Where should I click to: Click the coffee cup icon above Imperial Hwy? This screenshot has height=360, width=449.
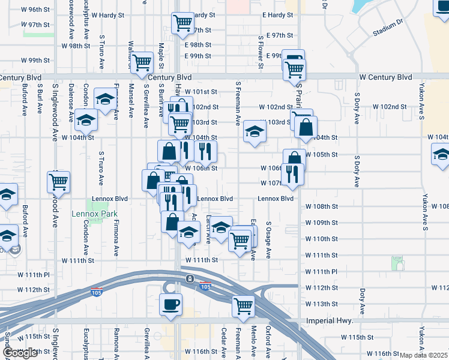170,304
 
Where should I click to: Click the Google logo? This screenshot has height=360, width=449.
20,353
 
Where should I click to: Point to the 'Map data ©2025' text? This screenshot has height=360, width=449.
424,355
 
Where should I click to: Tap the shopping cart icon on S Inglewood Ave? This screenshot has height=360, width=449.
59,181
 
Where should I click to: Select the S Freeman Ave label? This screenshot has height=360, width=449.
238,104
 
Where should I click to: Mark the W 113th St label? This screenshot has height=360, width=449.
321,304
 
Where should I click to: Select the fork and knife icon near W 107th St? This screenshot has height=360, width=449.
293,173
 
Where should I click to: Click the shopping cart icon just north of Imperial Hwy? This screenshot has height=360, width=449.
244,306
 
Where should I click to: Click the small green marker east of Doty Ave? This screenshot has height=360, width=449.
397,263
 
